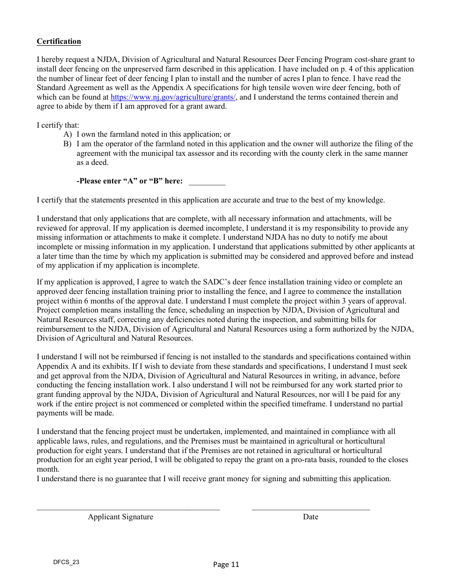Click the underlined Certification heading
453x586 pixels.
59,41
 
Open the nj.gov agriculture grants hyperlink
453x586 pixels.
173,97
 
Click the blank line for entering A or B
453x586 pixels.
207,182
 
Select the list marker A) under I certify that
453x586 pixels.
68,135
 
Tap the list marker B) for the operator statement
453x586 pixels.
68,144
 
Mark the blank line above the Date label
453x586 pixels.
310,509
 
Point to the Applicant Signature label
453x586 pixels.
120,517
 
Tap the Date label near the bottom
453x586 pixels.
310,517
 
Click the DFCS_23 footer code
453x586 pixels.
66,562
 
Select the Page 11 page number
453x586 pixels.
226,565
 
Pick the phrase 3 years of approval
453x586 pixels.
374,301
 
